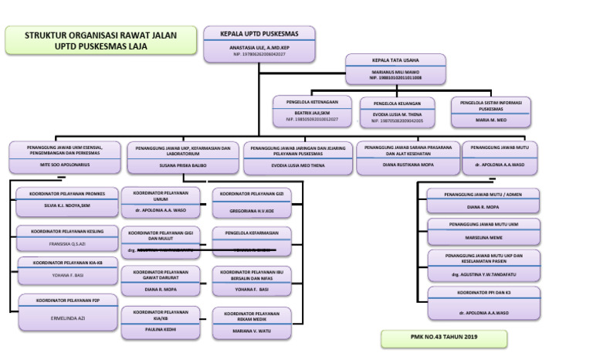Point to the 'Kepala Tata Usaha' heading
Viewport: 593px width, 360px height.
coord(395,59)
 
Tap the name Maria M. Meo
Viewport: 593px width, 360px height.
coord(490,120)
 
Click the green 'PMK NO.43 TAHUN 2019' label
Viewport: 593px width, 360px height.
coord(443,338)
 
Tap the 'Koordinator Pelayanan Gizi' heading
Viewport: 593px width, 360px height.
coord(252,194)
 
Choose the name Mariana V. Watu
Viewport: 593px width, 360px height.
coord(252,331)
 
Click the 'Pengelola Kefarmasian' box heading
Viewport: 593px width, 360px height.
coord(252,232)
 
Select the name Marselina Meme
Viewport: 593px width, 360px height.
coord(484,238)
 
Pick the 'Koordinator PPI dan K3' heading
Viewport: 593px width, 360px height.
coord(484,294)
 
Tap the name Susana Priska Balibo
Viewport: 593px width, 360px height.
coord(183,165)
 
